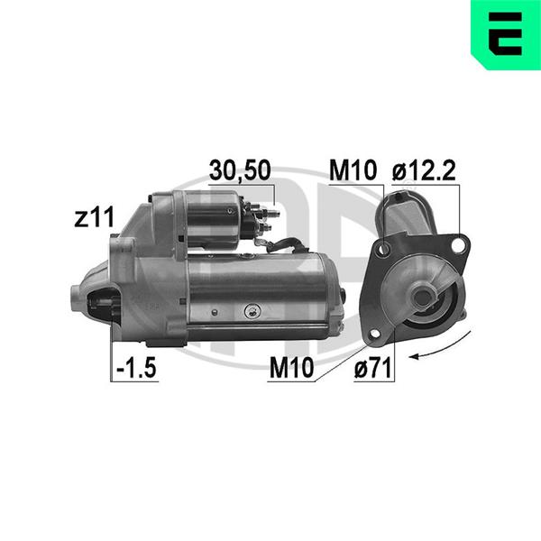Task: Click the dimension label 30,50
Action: click(240, 170)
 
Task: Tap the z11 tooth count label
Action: click(94, 217)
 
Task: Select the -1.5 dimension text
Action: click(137, 367)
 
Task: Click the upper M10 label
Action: click(353, 170)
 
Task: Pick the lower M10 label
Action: click(291, 368)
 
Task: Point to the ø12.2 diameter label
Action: click(424, 170)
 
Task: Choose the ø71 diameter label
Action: click(373, 368)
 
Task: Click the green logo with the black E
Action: click(506, 34)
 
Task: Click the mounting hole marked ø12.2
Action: click(458, 244)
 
